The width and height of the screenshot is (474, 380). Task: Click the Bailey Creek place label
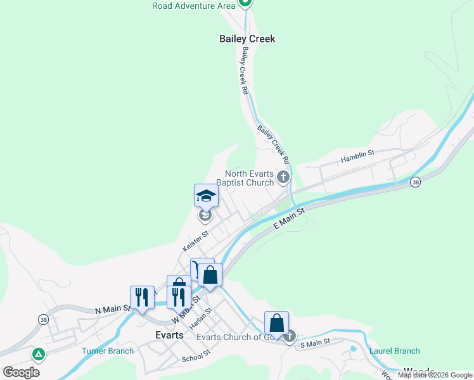(247, 39)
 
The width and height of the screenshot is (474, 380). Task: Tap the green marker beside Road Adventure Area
(245, 3)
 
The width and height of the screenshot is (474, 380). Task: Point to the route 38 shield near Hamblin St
(415, 182)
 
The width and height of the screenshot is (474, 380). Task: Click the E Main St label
(289, 217)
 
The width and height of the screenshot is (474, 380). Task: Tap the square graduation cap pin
(206, 196)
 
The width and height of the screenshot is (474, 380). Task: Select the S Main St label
(316, 343)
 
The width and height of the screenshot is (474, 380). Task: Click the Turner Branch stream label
(108, 351)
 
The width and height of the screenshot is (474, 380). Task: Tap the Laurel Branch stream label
(394, 351)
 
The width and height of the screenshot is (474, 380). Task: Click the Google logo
(22, 372)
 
